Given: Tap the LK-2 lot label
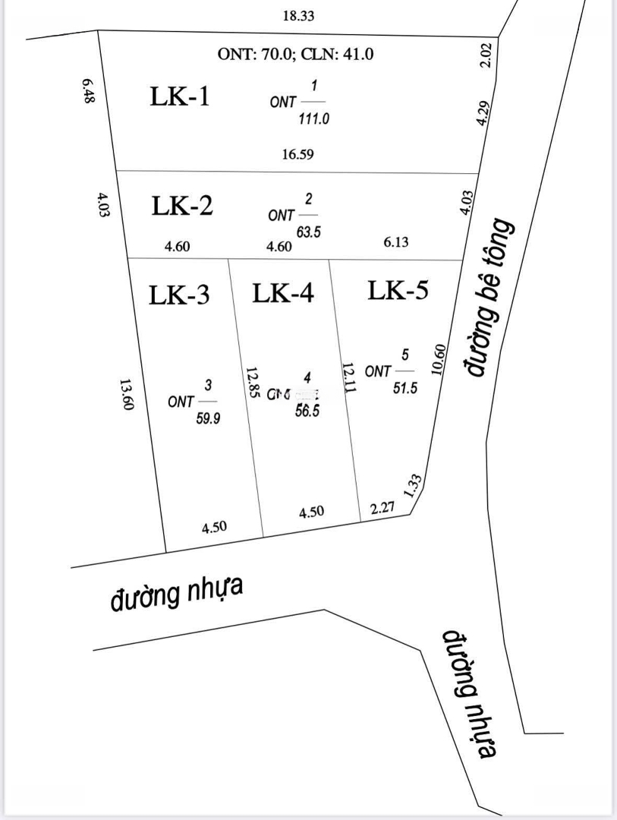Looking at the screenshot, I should [182, 206].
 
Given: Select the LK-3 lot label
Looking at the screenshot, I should [179, 295].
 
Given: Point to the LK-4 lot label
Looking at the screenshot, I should [283, 293].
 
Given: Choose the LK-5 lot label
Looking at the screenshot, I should [398, 290].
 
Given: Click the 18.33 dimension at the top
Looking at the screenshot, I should [298, 15].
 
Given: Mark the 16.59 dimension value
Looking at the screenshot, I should [297, 154].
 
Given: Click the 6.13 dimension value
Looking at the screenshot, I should [397, 241].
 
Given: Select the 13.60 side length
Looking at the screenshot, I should [127, 395].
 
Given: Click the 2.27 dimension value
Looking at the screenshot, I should [382, 509].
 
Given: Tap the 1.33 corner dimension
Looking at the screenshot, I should [414, 484].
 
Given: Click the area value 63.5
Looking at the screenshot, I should [308, 232].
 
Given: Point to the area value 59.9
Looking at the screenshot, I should [208, 418].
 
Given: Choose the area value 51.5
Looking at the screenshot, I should [406, 389].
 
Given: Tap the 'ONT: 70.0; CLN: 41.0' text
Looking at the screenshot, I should [296, 54].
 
